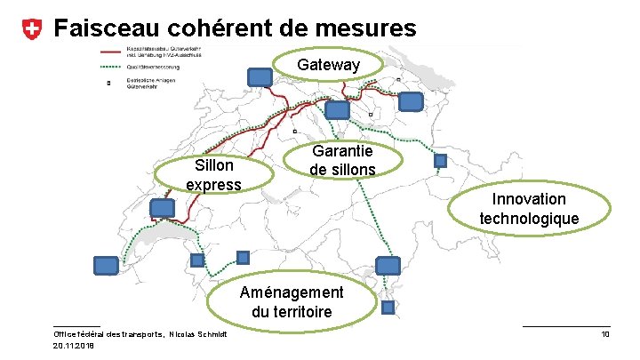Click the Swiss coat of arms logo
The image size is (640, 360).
(30, 29)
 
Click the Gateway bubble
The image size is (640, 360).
(329, 66)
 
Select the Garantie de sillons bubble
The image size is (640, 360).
(342, 160)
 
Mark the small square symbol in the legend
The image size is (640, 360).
(109, 84)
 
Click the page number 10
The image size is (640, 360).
(604, 334)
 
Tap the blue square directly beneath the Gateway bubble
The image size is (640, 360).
(338, 110)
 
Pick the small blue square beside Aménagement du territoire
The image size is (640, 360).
(388, 308)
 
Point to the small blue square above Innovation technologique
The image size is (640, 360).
(440, 161)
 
